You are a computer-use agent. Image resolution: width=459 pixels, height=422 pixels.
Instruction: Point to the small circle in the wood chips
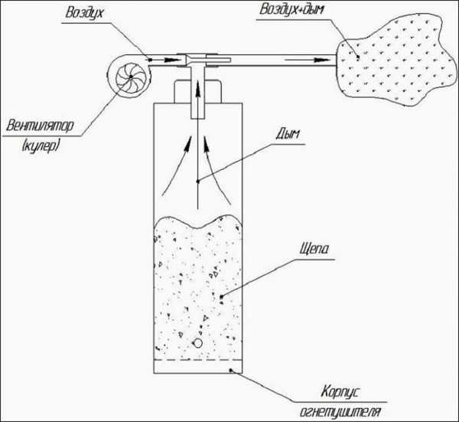pos(198,345)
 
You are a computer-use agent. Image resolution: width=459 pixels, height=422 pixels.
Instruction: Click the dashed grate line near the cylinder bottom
pos(198,361)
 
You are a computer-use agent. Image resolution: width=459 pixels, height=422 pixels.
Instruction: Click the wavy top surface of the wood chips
pos(198,223)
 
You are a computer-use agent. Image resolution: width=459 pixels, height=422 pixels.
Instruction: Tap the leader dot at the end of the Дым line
pos(198,181)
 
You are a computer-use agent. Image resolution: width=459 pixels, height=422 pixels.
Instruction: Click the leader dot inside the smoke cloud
pos(356,56)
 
